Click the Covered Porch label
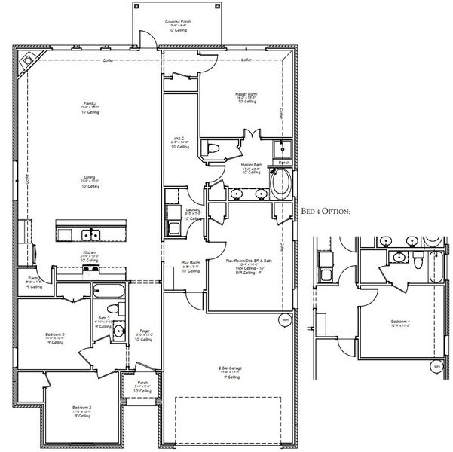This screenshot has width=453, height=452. [177, 23]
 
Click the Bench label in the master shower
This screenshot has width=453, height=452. [284, 162]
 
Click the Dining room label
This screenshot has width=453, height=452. [89, 178]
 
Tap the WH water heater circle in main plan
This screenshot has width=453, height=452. [285, 319]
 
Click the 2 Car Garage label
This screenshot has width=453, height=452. [224, 369]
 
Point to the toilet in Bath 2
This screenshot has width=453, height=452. [112, 308]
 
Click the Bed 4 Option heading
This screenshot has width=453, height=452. [326, 213]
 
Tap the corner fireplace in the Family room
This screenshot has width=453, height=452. [29, 63]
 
